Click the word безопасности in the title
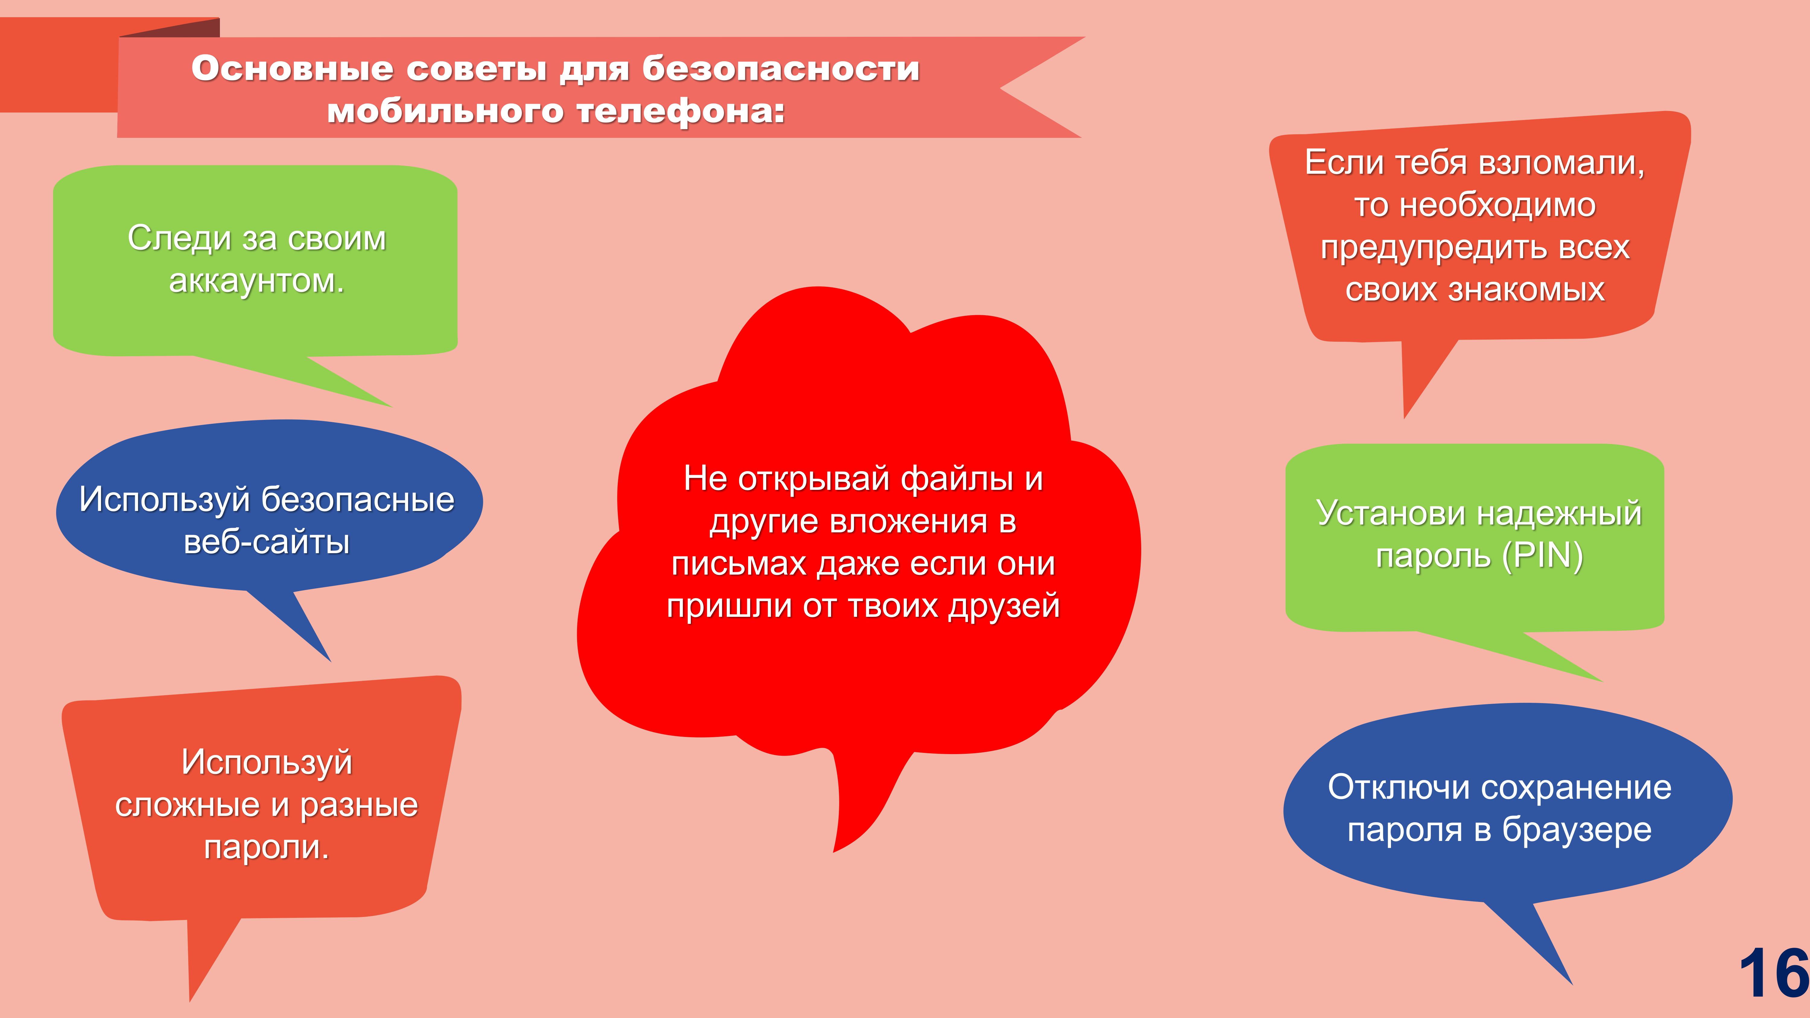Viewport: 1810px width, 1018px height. [781, 69]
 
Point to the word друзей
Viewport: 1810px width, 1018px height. [1003, 606]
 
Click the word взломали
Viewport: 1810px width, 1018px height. [1561, 163]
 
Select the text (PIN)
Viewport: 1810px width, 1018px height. [1542, 557]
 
